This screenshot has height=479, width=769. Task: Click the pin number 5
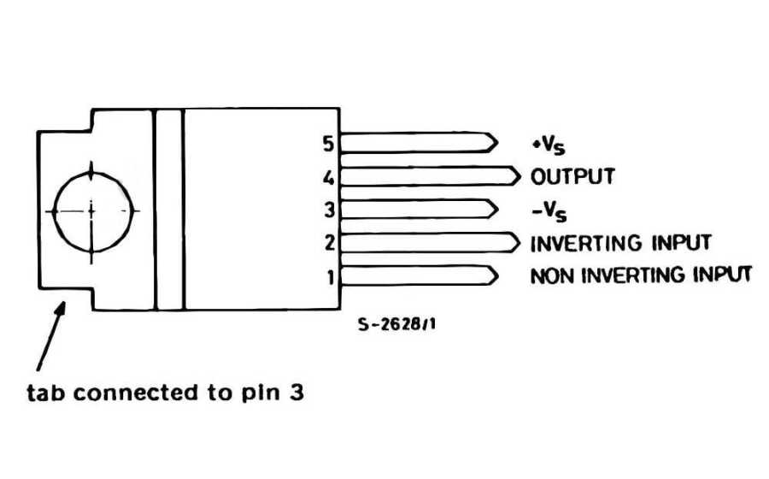click(x=328, y=143)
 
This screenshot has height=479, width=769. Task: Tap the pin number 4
click(x=328, y=179)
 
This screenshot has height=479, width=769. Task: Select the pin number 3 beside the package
click(x=330, y=210)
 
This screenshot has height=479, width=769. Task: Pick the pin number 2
click(x=329, y=244)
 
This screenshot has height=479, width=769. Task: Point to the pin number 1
click(x=330, y=277)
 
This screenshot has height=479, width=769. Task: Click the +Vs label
click(x=547, y=144)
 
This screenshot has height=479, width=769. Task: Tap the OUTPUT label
click(x=572, y=176)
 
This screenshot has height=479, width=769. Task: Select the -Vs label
click(x=548, y=210)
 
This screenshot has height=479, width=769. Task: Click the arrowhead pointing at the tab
click(x=62, y=307)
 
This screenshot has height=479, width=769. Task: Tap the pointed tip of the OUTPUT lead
click(x=519, y=175)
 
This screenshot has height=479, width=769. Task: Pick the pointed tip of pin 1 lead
click(x=496, y=275)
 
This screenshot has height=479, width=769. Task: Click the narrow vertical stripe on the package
click(x=169, y=209)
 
